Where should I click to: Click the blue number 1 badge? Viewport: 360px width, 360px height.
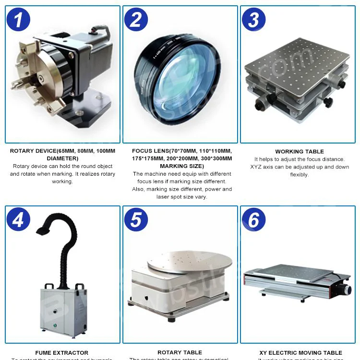pos(18,20)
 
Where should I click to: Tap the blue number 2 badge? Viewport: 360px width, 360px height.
pos(136,20)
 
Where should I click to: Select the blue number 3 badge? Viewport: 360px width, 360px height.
pos(254,20)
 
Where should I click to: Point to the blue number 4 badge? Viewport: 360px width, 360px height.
pos(18,220)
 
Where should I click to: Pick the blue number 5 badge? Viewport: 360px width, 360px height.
pos(136,220)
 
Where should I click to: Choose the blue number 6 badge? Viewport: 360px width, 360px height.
pos(254,220)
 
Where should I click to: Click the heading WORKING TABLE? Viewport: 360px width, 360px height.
pos(300,152)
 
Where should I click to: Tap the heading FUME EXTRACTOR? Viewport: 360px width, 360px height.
pos(62,353)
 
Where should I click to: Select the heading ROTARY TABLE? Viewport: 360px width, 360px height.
pos(180,353)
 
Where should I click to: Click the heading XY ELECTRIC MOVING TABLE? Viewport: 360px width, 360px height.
pos(300,353)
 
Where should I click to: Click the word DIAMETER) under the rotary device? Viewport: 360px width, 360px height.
pos(62,158)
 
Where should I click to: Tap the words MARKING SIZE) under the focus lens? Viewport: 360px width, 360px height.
pos(182,166)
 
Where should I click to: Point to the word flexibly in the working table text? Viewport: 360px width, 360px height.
pos(300,175)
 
